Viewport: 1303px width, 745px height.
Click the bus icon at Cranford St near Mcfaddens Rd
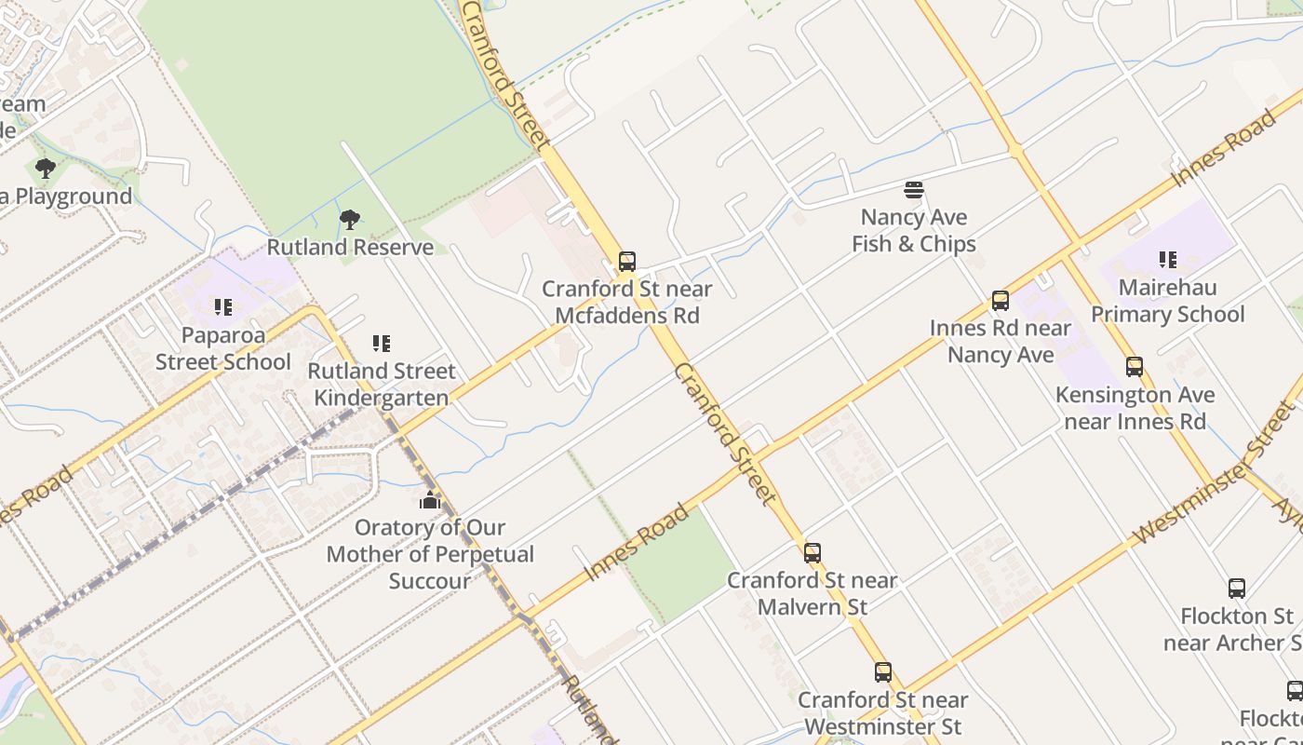tap(627, 262)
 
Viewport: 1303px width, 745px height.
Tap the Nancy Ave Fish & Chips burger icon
tap(914, 191)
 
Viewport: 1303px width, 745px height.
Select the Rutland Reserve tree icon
tap(350, 220)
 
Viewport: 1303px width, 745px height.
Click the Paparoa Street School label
tap(223, 348)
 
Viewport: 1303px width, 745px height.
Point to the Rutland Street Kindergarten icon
tap(382, 344)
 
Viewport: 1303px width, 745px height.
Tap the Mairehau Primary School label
tap(1167, 301)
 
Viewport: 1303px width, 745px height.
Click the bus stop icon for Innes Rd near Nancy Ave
tap(1001, 301)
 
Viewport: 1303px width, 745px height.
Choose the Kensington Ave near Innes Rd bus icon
tap(1135, 367)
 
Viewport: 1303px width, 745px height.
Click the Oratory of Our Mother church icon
tap(429, 501)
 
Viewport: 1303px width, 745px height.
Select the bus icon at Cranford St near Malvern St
tap(813, 553)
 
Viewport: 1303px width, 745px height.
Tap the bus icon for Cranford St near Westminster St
tap(883, 672)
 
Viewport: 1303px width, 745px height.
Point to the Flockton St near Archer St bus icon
tap(1237, 589)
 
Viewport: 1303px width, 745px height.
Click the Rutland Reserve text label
tap(350, 247)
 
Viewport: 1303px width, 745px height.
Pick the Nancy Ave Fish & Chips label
tap(914, 231)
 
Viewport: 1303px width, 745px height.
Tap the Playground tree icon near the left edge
tap(45, 169)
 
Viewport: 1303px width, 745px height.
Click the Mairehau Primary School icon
tap(1168, 260)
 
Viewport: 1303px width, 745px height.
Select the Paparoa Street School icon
tap(223, 306)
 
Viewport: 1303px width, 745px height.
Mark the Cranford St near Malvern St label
tap(813, 593)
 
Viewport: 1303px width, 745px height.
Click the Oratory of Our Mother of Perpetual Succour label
tap(430, 554)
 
